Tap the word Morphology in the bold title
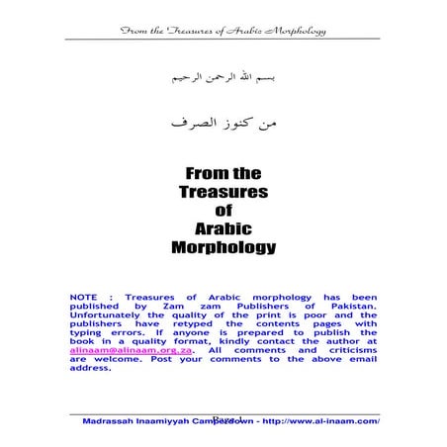point(223,246)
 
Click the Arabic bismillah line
point(223,75)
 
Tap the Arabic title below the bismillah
point(223,125)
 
